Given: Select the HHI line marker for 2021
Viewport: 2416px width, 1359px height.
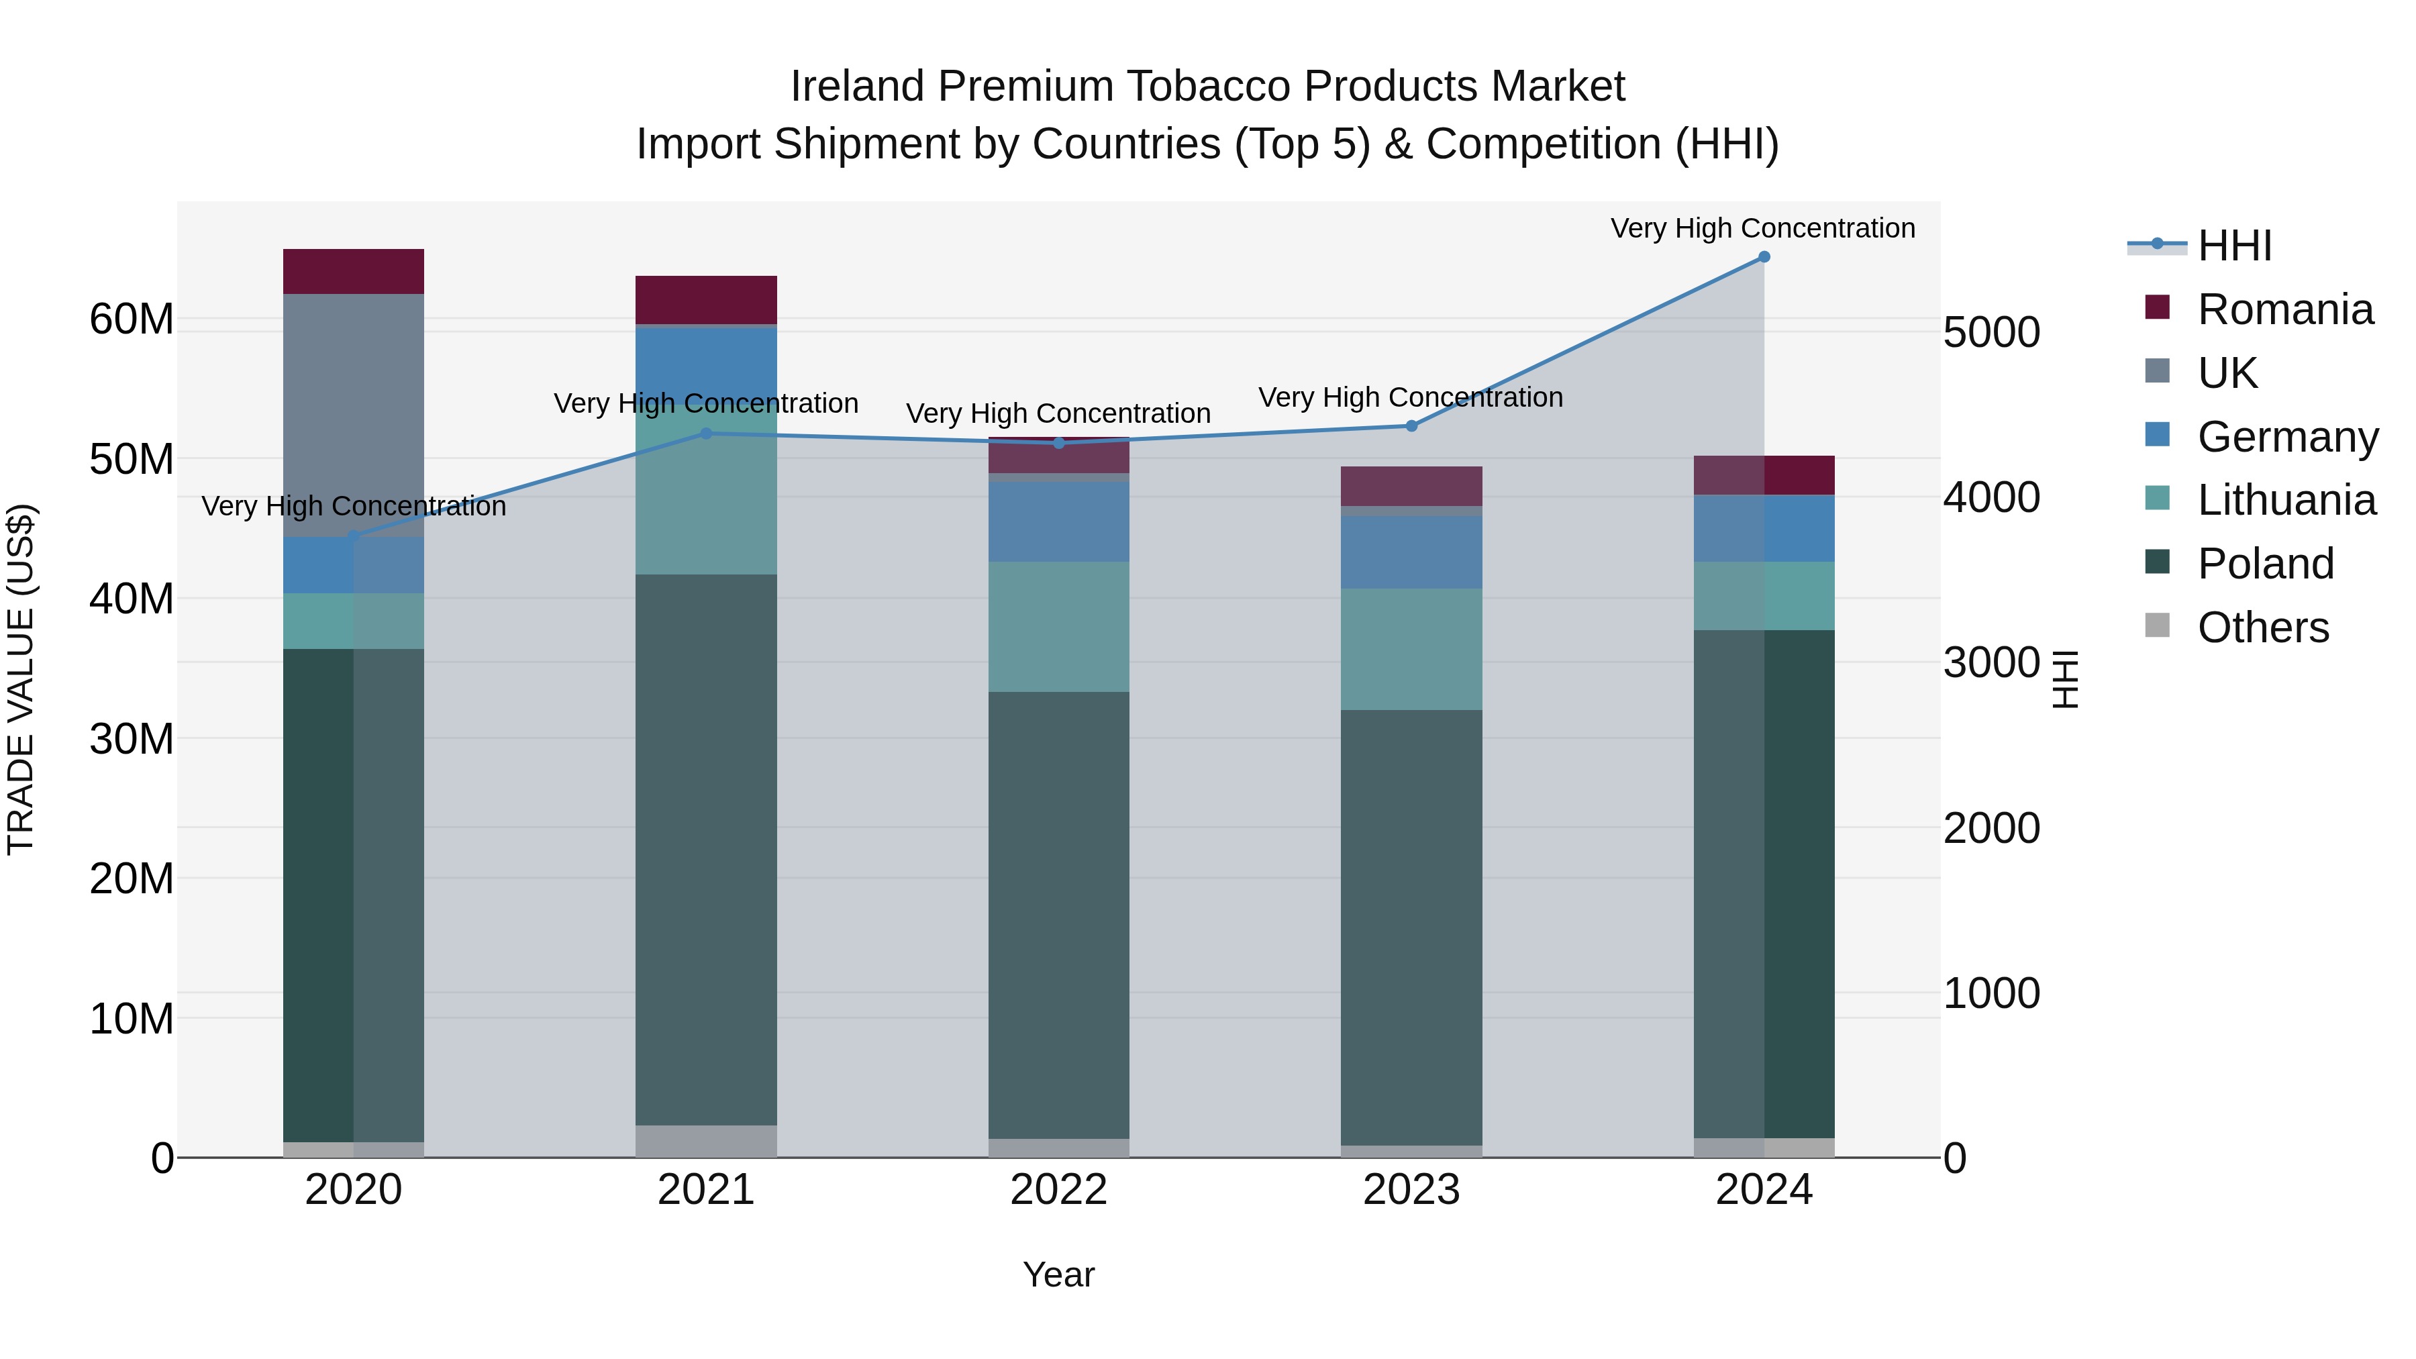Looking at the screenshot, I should point(706,434).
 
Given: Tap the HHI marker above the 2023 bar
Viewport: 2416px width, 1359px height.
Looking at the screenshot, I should point(1411,425).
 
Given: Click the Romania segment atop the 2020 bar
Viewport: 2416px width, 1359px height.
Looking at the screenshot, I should point(354,271).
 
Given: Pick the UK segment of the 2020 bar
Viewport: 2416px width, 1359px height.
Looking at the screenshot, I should point(354,415).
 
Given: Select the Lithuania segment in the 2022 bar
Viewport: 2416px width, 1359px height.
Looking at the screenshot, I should point(1059,627).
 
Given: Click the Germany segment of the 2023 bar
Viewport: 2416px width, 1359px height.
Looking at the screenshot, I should point(1411,552).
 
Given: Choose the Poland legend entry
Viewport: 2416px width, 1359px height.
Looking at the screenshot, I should point(2265,564).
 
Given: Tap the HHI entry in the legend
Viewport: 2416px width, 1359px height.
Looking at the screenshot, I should point(2234,246).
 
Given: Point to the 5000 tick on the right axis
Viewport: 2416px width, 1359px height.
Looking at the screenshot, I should point(1991,333).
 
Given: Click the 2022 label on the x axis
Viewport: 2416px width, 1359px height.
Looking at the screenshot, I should point(1059,1190).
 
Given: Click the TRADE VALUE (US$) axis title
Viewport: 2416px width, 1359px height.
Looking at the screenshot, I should point(21,679).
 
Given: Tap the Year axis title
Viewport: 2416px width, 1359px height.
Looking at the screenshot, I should point(1059,1274).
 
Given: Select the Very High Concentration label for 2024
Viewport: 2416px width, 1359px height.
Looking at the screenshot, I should point(1762,228).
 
